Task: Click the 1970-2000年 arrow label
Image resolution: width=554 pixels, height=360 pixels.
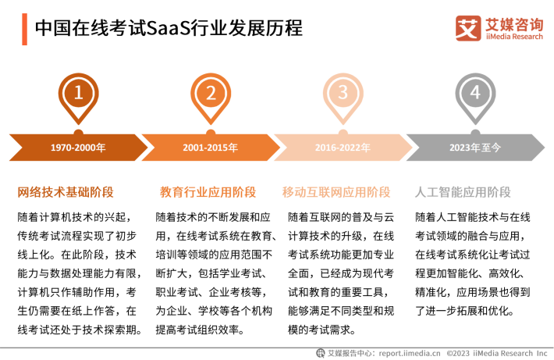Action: point(78,148)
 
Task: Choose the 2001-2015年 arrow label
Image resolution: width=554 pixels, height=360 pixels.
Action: point(210,148)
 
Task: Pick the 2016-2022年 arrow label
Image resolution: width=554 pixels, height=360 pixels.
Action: point(343,148)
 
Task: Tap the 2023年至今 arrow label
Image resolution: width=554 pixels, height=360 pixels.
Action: point(475,148)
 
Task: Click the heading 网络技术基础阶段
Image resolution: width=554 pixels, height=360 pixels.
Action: point(66,192)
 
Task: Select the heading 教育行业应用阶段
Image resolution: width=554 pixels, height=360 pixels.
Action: point(208,192)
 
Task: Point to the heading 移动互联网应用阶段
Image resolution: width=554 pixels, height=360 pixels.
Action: point(336,192)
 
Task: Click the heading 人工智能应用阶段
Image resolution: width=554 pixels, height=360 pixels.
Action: point(463,192)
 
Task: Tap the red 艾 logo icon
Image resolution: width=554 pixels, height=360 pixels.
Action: point(468,28)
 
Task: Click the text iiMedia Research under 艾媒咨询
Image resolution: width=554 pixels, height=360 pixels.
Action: point(514,37)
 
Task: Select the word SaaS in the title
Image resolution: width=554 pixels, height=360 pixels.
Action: point(168,28)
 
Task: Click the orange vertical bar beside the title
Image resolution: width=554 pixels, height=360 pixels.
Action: point(24,30)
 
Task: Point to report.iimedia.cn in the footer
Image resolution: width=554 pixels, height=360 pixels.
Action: point(410,353)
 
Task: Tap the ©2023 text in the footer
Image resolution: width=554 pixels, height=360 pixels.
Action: point(458,353)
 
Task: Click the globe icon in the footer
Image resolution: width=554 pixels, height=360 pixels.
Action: point(321,353)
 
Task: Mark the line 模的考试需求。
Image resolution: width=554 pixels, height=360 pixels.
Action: point(321,330)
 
